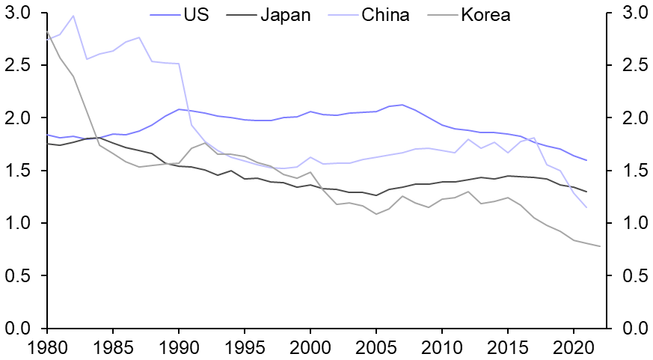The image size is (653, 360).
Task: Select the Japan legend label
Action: click(284, 14)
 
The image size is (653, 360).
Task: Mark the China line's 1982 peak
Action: click(73, 16)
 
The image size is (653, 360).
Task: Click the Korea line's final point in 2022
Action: click(600, 246)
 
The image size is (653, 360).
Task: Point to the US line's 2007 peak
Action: click(402, 105)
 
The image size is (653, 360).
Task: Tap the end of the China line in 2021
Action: click(586, 207)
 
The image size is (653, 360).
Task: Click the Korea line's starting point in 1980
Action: click(47, 31)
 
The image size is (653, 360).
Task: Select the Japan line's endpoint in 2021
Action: click(586, 192)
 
